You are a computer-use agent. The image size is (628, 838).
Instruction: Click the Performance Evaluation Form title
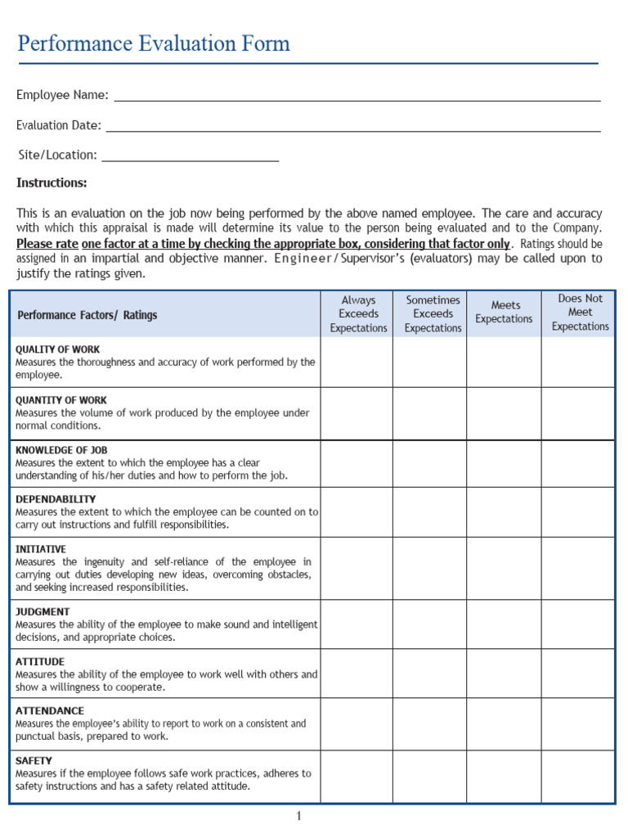[x=154, y=43]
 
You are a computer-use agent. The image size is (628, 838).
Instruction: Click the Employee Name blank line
[x=357, y=97]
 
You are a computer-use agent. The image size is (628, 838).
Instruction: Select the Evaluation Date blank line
[x=353, y=127]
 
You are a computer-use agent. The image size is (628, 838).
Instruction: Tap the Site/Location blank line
[x=190, y=156]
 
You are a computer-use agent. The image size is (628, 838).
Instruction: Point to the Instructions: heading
[x=52, y=182]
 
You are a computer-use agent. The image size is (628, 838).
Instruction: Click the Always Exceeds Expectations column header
[x=358, y=314]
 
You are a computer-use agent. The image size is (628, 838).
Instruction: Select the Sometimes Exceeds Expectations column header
[x=433, y=314]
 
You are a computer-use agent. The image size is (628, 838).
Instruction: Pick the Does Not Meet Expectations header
[x=580, y=313]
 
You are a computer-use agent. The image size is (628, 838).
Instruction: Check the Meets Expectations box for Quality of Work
[x=504, y=363]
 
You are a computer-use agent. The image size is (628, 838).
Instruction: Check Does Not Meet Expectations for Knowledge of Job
[x=578, y=463]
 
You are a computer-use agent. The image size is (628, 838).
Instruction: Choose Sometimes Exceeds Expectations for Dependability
[x=430, y=512]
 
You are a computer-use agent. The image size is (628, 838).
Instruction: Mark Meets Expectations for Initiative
[x=504, y=568]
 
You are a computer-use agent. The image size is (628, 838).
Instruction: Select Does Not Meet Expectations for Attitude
[x=578, y=674]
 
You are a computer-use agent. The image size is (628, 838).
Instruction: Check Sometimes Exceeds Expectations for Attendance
[x=430, y=723]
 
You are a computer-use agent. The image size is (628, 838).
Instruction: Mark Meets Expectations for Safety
[x=504, y=776]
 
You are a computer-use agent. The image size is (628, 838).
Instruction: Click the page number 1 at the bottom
[x=299, y=816]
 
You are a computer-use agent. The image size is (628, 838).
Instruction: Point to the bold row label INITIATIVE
[x=41, y=549]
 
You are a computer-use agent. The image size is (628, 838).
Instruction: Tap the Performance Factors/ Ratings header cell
[x=87, y=315]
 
